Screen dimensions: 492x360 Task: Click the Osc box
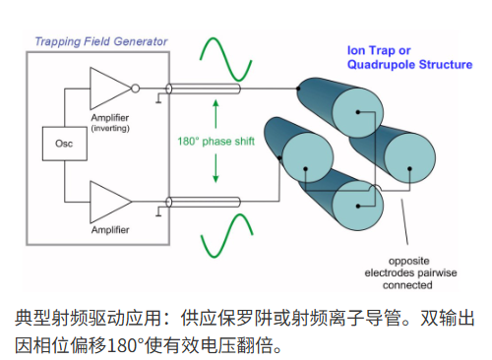click(x=65, y=144)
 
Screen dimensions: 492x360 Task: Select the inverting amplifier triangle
click(x=108, y=89)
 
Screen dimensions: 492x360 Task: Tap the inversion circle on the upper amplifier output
click(x=135, y=89)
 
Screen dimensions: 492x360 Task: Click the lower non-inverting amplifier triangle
click(x=108, y=202)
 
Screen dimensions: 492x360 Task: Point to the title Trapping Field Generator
click(x=101, y=41)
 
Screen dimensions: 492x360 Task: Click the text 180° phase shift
click(x=215, y=142)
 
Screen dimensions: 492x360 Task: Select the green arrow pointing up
click(x=215, y=114)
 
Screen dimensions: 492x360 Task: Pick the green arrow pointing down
click(x=215, y=168)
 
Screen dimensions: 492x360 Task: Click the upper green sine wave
click(x=225, y=59)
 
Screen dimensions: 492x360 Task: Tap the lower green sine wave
click(x=226, y=235)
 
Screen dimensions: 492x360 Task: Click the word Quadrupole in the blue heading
click(x=382, y=65)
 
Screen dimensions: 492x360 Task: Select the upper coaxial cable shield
click(x=203, y=89)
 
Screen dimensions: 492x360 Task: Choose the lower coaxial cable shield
click(x=203, y=202)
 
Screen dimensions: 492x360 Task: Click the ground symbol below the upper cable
click(x=158, y=98)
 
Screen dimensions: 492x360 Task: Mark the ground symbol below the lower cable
click(x=158, y=211)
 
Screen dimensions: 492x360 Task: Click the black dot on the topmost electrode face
click(x=358, y=112)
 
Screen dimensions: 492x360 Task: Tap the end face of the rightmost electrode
click(x=410, y=157)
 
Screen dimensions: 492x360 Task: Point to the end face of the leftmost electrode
click(x=308, y=157)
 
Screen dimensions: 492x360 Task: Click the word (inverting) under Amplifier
click(x=110, y=128)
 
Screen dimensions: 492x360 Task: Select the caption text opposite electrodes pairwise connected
click(x=410, y=273)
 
